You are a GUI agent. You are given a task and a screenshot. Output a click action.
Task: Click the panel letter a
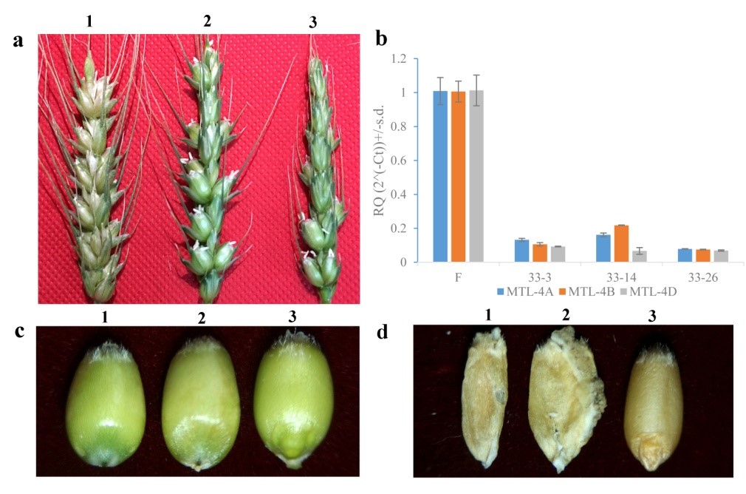coord(18,41)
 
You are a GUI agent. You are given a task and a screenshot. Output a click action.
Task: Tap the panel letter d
coord(383,332)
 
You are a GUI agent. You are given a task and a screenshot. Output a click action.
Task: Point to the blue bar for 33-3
coord(521,251)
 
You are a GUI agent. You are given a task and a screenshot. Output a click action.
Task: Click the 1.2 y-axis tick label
coord(400,58)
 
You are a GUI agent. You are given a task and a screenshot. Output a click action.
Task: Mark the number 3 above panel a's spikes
coord(313,24)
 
